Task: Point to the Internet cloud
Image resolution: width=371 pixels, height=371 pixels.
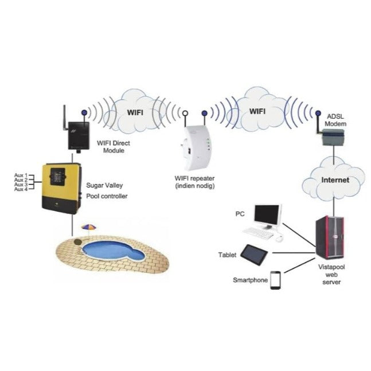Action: coord(335,179)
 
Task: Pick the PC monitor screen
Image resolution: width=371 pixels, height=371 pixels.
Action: coord(267,215)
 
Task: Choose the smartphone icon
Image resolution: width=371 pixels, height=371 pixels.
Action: coord(275,280)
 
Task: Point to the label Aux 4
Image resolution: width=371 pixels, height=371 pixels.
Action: coord(20,189)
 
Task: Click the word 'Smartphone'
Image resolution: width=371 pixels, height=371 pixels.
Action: coord(250,280)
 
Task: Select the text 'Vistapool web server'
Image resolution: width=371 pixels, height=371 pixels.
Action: coord(331,275)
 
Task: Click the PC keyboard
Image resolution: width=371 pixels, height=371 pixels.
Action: coord(257,232)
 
